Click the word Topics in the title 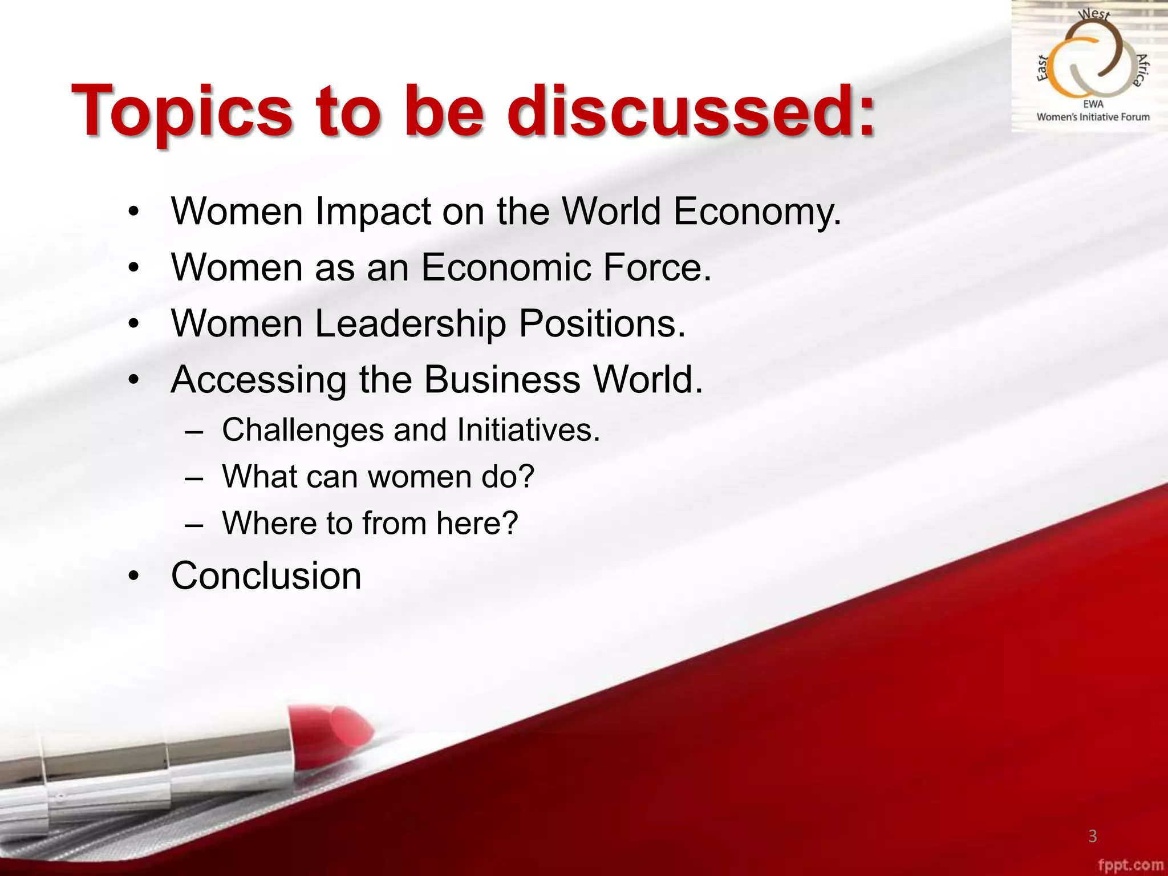tap(182, 111)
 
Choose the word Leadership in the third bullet tap(410, 324)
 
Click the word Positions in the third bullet tap(602, 324)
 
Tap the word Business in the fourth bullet tap(502, 379)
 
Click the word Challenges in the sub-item tap(303, 429)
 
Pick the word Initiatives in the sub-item tap(528, 429)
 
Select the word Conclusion tap(266, 575)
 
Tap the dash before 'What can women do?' tap(194, 478)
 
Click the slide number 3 tap(1092, 836)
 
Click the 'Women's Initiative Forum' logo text tap(1093, 117)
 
